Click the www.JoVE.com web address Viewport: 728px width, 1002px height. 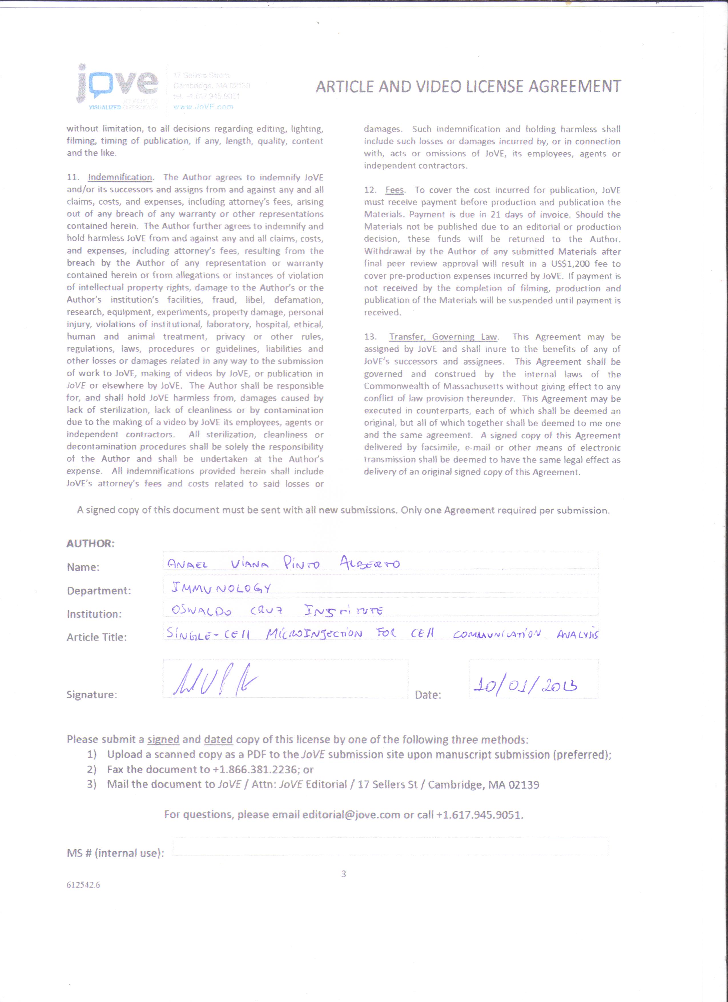click(203, 106)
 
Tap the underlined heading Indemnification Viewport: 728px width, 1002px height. click(120, 178)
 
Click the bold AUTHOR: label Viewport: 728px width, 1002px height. click(91, 544)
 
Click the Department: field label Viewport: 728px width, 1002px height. click(99, 591)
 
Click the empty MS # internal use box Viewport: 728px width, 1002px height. click(390, 846)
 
